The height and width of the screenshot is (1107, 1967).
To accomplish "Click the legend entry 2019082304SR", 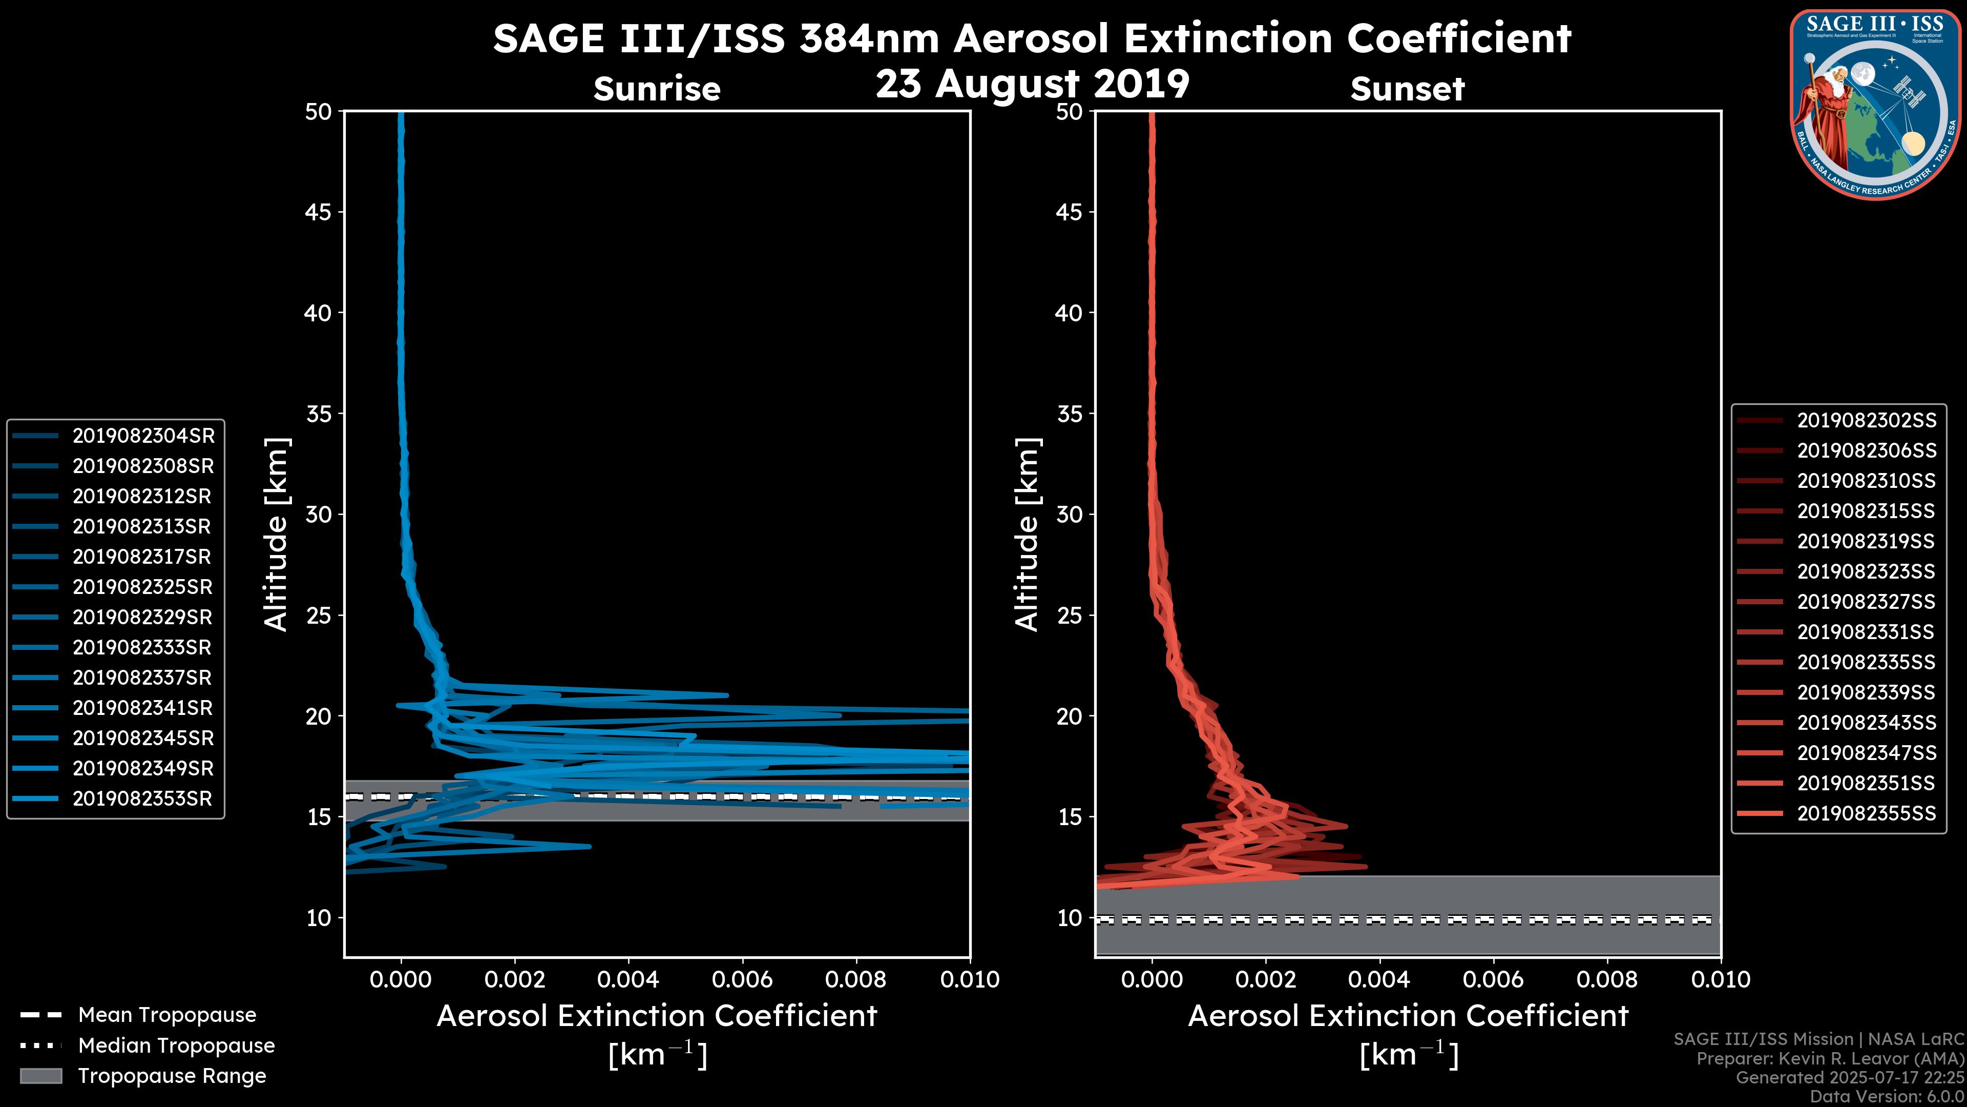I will (x=143, y=436).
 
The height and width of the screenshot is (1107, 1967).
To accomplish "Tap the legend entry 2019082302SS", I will (x=1866, y=420).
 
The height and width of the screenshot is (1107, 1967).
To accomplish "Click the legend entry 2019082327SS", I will (x=1866, y=601).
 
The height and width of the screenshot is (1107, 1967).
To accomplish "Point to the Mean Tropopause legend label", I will (x=167, y=1015).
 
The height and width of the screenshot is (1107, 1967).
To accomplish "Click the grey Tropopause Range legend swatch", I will (x=40, y=1076).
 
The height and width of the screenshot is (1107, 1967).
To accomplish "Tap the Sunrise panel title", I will (x=657, y=89).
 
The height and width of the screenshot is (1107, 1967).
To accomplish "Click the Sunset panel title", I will (x=1407, y=89).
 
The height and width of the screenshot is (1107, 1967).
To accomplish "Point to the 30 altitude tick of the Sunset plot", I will (x=1070, y=514).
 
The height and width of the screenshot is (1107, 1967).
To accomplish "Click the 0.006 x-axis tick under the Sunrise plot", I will (x=742, y=979).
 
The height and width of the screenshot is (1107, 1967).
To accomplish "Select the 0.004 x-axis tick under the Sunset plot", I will (x=1380, y=979).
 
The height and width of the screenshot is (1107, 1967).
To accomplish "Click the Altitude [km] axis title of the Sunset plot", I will (x=1028, y=535).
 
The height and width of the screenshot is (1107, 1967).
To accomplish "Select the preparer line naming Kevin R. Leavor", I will (x=1830, y=1058).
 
